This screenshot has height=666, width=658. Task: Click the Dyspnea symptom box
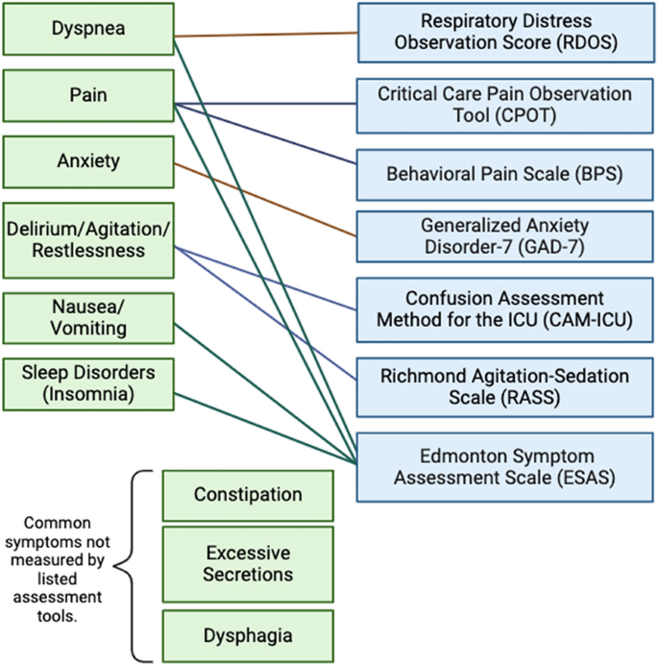point(87,29)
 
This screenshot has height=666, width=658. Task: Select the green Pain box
point(87,96)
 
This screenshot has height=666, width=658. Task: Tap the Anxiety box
point(87,161)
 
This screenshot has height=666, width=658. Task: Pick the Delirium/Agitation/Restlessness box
point(87,239)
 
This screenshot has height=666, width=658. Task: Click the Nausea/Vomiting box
point(87,317)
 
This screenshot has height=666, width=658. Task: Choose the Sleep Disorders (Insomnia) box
point(87,382)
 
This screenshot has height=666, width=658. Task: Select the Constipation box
point(248,495)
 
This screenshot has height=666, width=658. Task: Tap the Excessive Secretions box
point(248,563)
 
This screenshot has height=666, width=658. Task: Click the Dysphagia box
point(248,634)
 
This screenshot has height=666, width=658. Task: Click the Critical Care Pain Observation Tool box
point(506,105)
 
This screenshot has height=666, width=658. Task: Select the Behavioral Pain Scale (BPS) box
point(506,174)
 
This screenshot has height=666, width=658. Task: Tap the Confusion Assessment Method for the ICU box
point(506,308)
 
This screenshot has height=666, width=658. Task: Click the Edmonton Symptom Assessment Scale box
point(506,466)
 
